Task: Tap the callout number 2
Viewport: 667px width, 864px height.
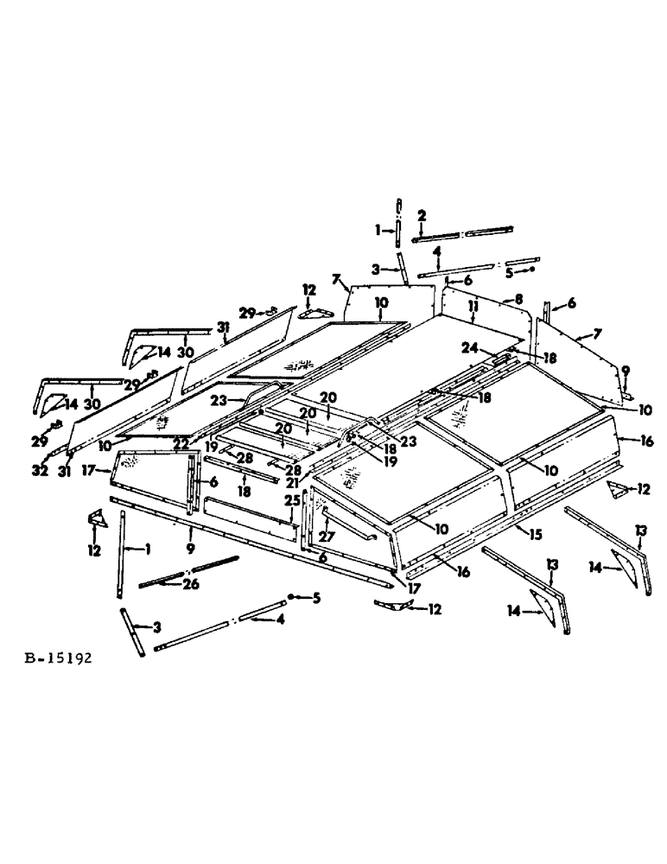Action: tap(422, 214)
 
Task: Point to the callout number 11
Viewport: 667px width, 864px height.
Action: tap(472, 306)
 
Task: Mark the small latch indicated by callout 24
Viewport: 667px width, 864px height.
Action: tap(501, 356)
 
